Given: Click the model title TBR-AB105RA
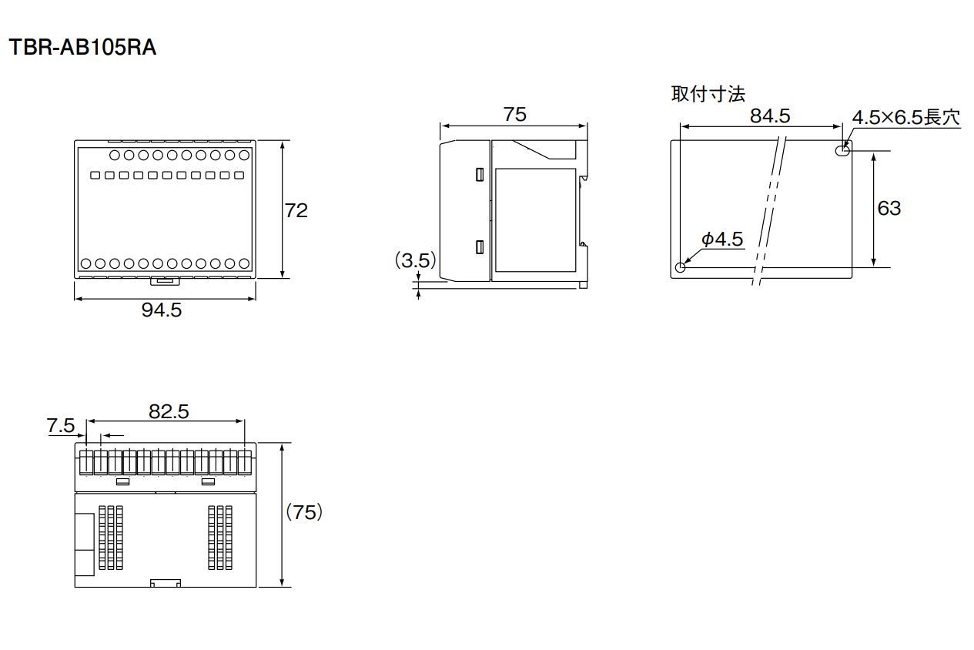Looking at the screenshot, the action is click(x=82, y=47).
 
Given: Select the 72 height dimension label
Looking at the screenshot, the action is click(x=296, y=210).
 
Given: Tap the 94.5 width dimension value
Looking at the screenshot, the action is click(x=162, y=310).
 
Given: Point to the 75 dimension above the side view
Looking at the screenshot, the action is click(x=515, y=114).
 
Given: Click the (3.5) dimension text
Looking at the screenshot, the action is click(x=415, y=260).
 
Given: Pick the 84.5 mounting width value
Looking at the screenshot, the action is click(x=770, y=116).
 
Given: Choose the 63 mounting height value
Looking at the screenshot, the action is click(x=889, y=208).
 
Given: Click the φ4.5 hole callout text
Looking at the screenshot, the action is click(x=722, y=240).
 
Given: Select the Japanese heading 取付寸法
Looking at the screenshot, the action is click(x=708, y=94).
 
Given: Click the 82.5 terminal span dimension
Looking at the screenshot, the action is click(x=169, y=411).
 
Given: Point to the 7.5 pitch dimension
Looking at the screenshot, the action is click(x=60, y=425).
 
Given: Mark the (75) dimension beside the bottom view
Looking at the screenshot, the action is click(x=304, y=512).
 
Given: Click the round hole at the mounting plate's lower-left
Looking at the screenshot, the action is click(x=680, y=267).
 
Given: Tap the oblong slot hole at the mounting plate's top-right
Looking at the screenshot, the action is click(x=842, y=150).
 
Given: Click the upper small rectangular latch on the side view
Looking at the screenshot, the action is click(x=480, y=174).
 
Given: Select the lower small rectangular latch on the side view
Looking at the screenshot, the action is click(x=480, y=247).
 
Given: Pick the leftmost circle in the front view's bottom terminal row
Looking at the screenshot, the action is click(x=86, y=263).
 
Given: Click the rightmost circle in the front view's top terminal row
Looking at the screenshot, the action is click(x=244, y=155).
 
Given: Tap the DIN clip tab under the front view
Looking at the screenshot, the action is click(x=166, y=281).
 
